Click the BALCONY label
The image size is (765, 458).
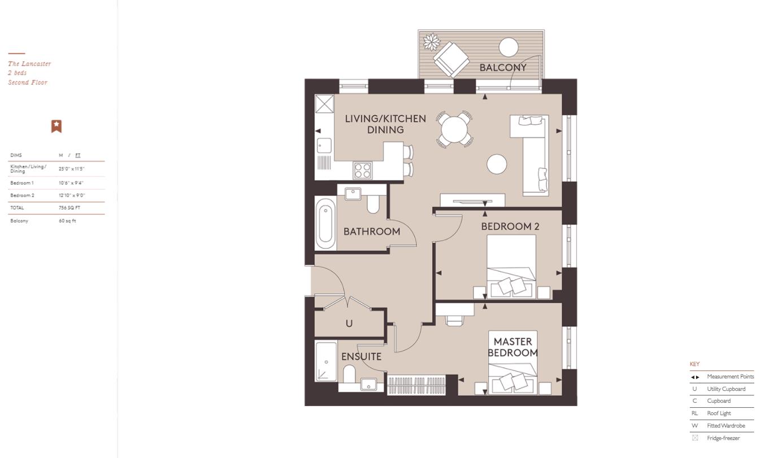click(503, 68)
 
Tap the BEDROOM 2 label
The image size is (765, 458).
click(510, 226)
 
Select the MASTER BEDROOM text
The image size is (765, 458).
click(513, 347)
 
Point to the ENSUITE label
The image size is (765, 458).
click(361, 357)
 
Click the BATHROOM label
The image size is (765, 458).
click(372, 232)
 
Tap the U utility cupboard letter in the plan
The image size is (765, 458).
click(349, 324)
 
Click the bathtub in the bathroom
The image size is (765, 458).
click(325, 223)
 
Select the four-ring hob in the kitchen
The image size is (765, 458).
click(363, 171)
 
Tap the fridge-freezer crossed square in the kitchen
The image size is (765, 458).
click(324, 104)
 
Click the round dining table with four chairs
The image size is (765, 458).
click(454, 130)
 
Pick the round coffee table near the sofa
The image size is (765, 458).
click(497, 164)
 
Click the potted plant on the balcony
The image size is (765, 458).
click(432, 41)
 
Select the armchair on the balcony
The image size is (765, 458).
click(451, 58)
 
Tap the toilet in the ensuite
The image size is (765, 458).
click(349, 373)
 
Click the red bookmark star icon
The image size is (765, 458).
click(56, 126)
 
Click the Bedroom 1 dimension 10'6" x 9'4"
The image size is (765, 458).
click(71, 183)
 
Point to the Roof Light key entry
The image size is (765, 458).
click(719, 413)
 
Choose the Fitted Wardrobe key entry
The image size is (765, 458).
click(725, 426)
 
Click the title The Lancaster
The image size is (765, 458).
click(29, 64)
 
